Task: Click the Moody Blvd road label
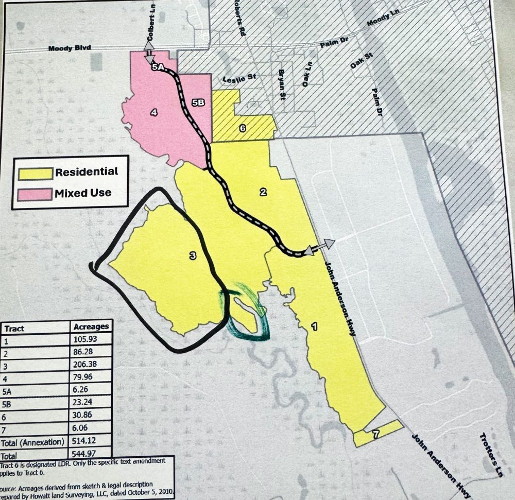pyautogui.click(x=69, y=48)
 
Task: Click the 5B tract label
pyautogui.click(x=198, y=102)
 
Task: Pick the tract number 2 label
pyautogui.click(x=263, y=193)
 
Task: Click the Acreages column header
pyautogui.click(x=91, y=326)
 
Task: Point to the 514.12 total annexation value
pyautogui.click(x=85, y=441)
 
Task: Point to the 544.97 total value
pyautogui.click(x=85, y=455)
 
